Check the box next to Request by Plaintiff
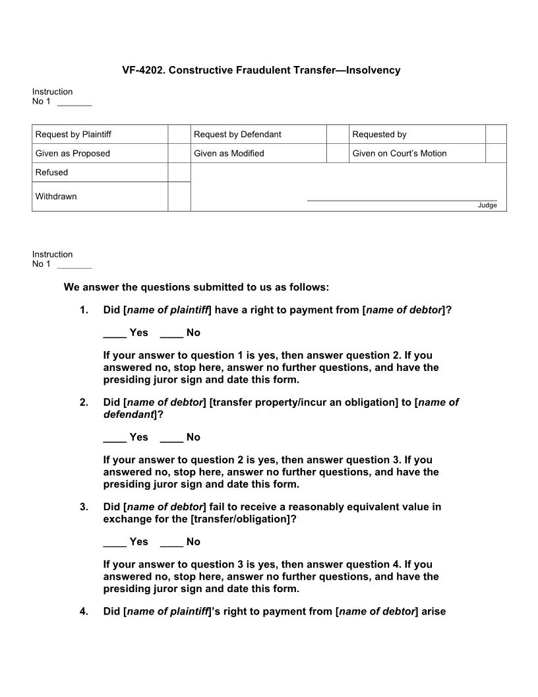pos(179,134)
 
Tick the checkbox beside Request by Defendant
pos(337,134)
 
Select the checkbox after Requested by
pos(496,134)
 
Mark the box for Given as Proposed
pos(179,153)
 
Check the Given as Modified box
pos(337,153)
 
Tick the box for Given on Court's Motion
pos(496,153)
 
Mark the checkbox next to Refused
pos(179,172)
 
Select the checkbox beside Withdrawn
pos(179,197)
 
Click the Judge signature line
pos(402,199)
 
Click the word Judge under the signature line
pos(487,206)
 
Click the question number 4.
pos(84,612)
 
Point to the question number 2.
pos(84,403)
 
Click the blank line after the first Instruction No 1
pos(75,103)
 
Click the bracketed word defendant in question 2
pos(129,415)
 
